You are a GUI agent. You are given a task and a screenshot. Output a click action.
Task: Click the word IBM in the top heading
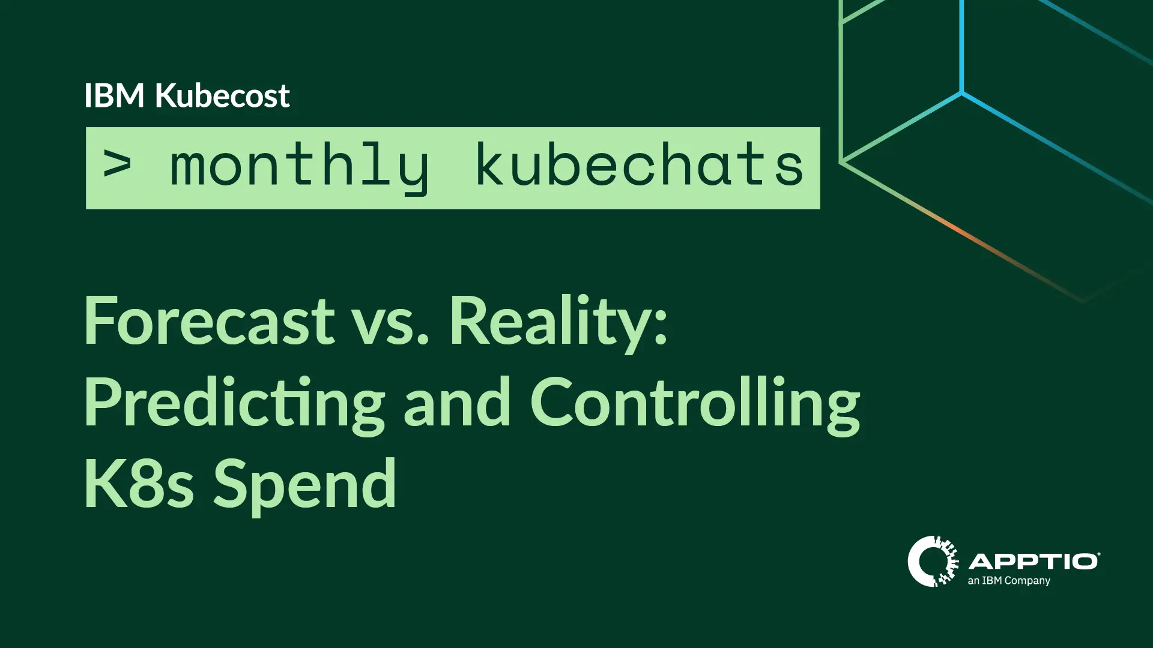(x=114, y=96)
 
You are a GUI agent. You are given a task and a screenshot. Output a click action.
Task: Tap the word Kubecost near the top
(x=222, y=96)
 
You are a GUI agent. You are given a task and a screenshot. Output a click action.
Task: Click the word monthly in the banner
(x=299, y=167)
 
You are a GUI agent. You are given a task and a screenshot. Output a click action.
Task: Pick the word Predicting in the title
(x=234, y=403)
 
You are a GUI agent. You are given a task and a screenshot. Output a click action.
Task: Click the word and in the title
(x=457, y=403)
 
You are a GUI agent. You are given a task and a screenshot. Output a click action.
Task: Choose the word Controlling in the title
(x=695, y=403)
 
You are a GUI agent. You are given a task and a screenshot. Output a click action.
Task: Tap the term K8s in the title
(x=139, y=484)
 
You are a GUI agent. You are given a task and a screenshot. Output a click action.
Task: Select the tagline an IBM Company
(x=1009, y=581)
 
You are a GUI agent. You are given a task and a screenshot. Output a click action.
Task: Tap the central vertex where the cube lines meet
(x=962, y=93)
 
